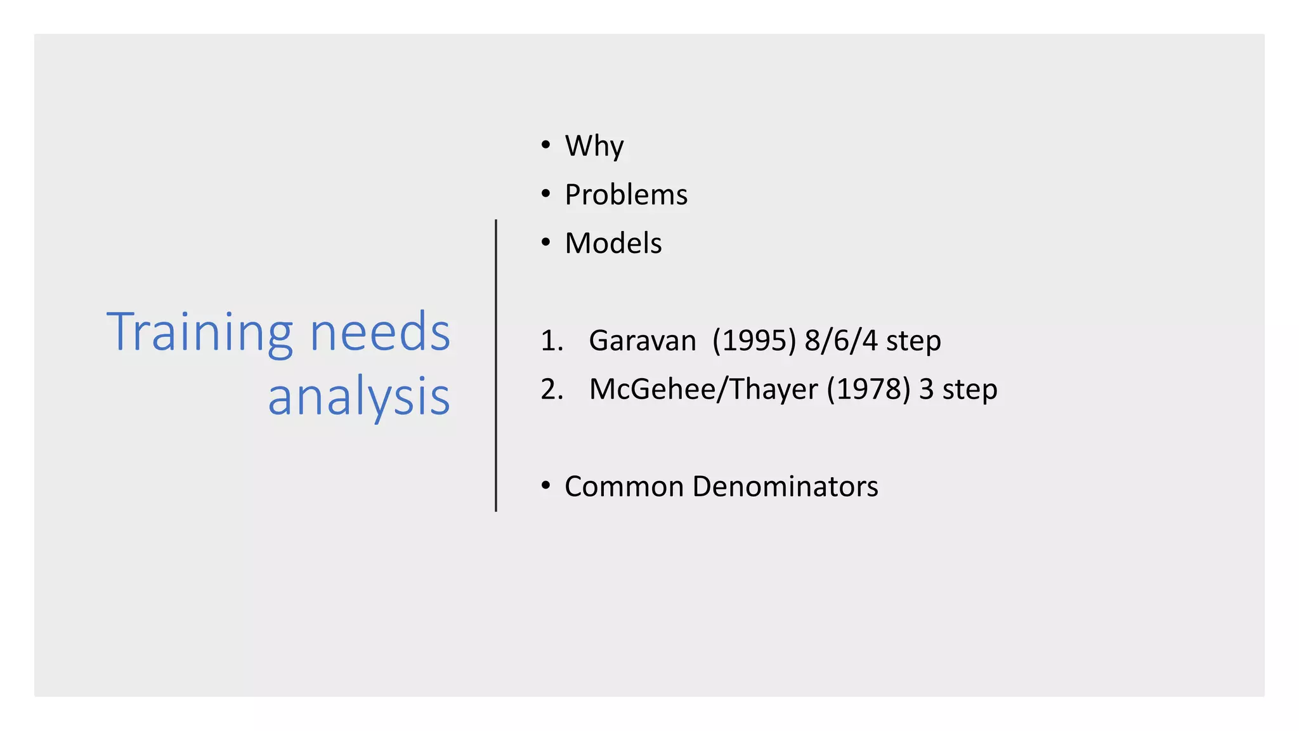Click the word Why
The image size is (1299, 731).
(x=594, y=147)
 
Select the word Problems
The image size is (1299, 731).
(x=626, y=195)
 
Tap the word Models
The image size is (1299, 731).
(x=613, y=244)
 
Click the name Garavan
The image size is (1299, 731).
(x=642, y=341)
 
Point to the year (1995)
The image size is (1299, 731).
(x=754, y=341)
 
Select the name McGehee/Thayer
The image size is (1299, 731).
(x=703, y=390)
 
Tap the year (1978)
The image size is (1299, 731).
(x=868, y=390)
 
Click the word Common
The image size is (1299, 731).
(x=624, y=487)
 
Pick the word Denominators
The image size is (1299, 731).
(x=785, y=487)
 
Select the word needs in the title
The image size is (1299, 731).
(x=380, y=333)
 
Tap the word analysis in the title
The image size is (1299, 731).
(x=359, y=397)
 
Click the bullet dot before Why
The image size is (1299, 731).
(x=546, y=145)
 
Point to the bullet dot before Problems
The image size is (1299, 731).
(x=546, y=194)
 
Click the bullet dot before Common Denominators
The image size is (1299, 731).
(x=546, y=486)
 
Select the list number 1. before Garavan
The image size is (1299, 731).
(x=552, y=341)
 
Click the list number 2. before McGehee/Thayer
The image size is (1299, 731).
(x=552, y=390)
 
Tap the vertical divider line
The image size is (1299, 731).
(x=496, y=365)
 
